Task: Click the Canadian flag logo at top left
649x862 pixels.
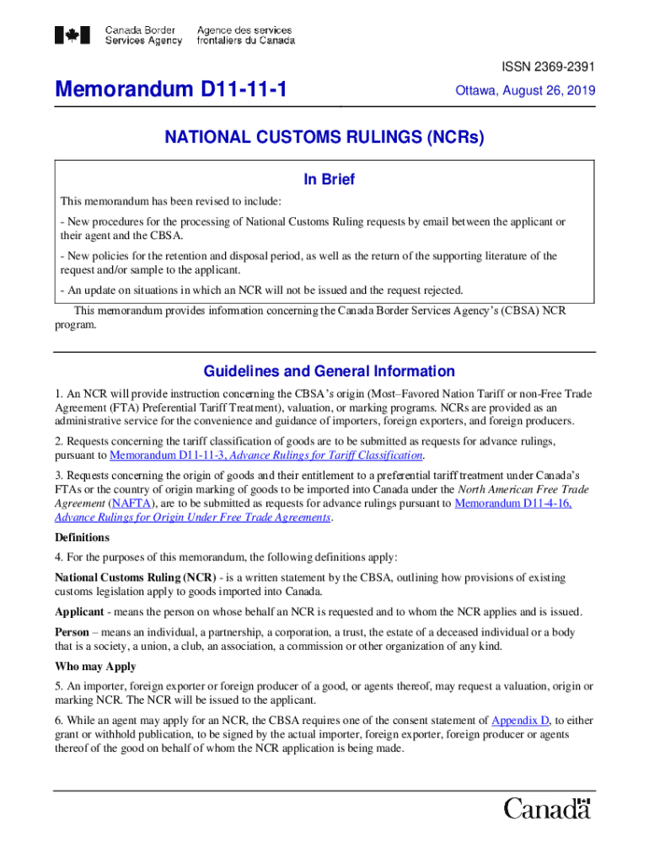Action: pos(72,35)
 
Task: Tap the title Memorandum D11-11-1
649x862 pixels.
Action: pos(169,88)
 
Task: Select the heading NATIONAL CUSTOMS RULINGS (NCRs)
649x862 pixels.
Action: pos(324,138)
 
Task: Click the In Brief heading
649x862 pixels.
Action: pos(329,179)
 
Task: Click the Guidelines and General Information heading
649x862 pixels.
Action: pos(329,371)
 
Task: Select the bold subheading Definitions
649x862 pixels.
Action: pos(82,537)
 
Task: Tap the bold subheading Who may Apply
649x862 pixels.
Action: pos(95,667)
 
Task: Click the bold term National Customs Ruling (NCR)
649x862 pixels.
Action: pos(134,577)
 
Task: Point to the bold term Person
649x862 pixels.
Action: pos(72,632)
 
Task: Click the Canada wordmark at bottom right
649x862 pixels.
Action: pos(548,809)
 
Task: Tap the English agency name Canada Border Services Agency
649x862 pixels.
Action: pos(143,35)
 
